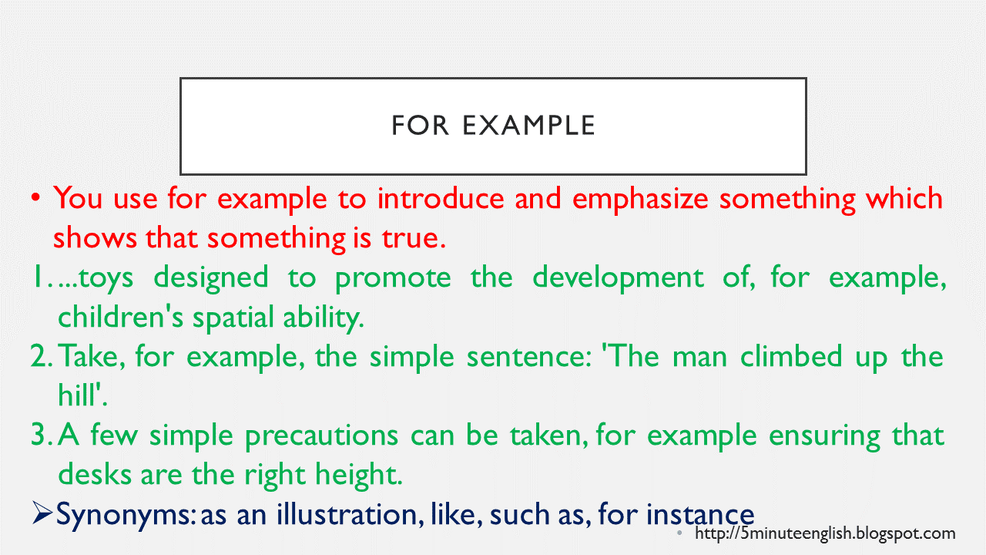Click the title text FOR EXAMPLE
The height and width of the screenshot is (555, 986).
click(x=493, y=126)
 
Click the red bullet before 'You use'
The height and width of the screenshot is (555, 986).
click(x=35, y=199)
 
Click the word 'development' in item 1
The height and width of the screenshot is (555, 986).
click(x=618, y=277)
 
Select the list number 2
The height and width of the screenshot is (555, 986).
click(x=40, y=357)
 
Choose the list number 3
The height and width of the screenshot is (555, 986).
click(x=40, y=436)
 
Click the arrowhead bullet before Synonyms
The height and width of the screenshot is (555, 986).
click(x=42, y=513)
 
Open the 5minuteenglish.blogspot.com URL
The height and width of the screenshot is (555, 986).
click(x=825, y=533)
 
